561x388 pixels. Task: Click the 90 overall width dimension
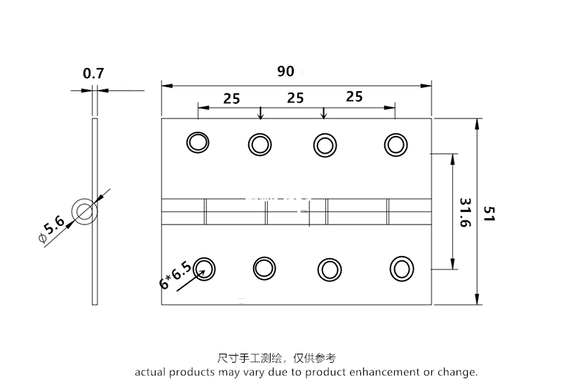[x=285, y=72]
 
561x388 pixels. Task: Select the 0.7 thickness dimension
[x=93, y=73]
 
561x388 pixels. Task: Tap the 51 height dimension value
[x=489, y=213]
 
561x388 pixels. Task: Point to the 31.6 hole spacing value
[x=464, y=212]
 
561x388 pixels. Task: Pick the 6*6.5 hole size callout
[x=175, y=275]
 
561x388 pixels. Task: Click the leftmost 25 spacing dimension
[x=231, y=98]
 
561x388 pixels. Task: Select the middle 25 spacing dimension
[x=295, y=98]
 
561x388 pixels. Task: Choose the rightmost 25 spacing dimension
[x=354, y=97]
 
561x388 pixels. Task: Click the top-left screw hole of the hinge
[x=198, y=142]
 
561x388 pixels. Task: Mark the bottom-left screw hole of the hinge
[x=205, y=267]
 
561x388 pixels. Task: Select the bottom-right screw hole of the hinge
[x=402, y=269]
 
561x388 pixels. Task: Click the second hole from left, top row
[x=259, y=145]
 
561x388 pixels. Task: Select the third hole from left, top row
[x=324, y=145]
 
